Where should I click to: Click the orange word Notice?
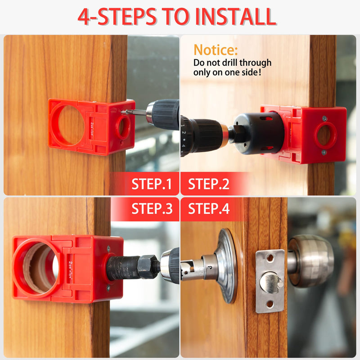(x=216, y=50)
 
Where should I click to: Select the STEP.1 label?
(x=152, y=184)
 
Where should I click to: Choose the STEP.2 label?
(x=208, y=184)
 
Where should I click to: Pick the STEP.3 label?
(x=152, y=209)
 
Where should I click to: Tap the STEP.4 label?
(x=208, y=209)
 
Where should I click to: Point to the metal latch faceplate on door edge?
(x=270, y=281)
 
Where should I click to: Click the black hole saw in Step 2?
(x=259, y=134)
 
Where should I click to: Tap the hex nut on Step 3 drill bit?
(x=148, y=267)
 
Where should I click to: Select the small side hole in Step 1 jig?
(x=123, y=127)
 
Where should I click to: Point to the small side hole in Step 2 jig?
(x=325, y=135)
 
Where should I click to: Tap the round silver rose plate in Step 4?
(x=228, y=265)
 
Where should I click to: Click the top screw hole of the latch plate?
(x=270, y=258)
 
